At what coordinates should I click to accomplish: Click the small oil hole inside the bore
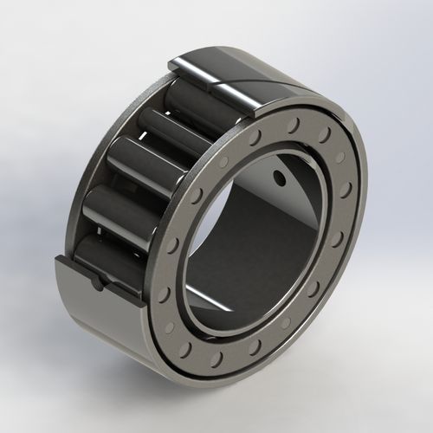tap(279, 178)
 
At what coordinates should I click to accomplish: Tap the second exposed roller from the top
tap(174, 130)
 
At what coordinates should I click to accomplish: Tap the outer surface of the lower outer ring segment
tap(104, 320)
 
